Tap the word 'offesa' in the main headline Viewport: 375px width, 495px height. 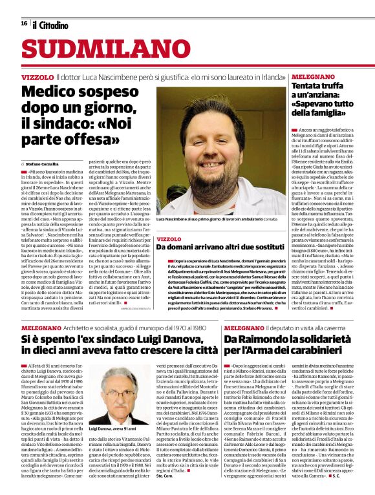point(87,138)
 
